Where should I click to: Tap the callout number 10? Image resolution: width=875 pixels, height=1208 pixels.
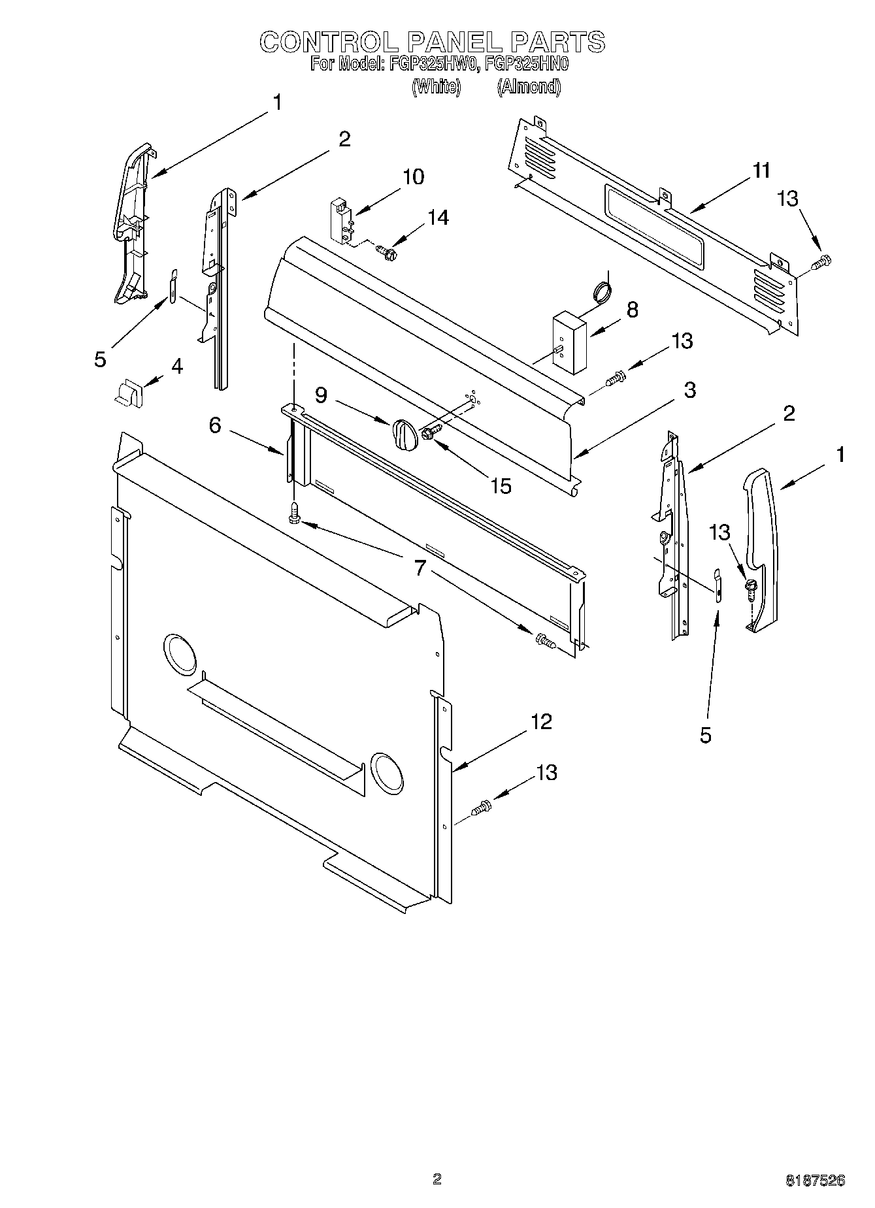413,177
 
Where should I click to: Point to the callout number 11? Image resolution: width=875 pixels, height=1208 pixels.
761,171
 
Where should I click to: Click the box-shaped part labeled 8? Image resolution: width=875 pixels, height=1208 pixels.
569,342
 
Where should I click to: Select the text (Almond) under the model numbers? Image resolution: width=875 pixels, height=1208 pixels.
528,87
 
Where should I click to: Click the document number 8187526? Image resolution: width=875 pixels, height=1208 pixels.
815,1181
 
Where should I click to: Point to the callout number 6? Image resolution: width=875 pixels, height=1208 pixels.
216,425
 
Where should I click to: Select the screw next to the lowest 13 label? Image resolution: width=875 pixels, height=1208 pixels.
481,808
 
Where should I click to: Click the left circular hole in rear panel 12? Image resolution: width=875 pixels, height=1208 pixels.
178,654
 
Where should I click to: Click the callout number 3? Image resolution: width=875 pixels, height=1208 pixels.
689,390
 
